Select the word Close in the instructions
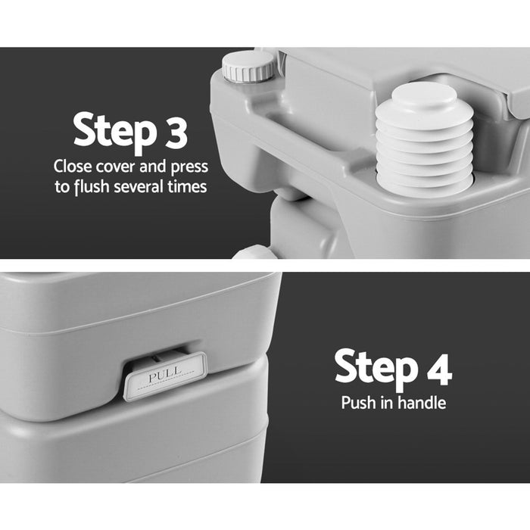[x=73, y=167]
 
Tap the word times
[x=187, y=186]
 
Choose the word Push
[x=358, y=403]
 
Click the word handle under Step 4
[x=421, y=403]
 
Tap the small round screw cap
[x=249, y=66]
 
